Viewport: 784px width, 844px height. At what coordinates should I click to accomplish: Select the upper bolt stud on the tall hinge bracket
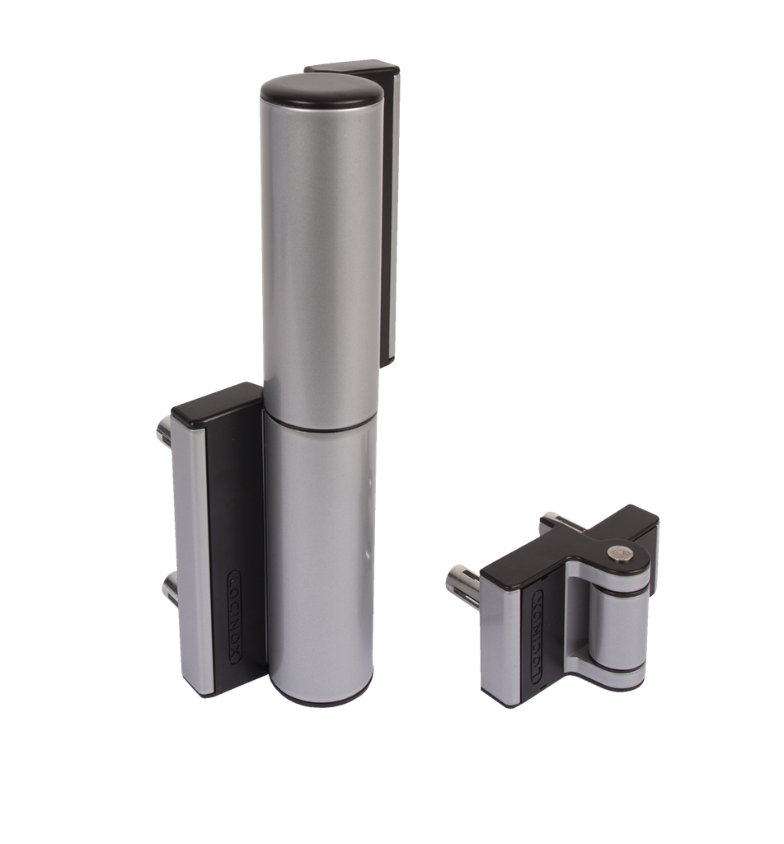tap(163, 431)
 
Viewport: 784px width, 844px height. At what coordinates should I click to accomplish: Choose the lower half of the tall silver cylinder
tap(320, 560)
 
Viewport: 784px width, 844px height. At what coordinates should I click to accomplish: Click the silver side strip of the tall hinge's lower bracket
tap(191, 560)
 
